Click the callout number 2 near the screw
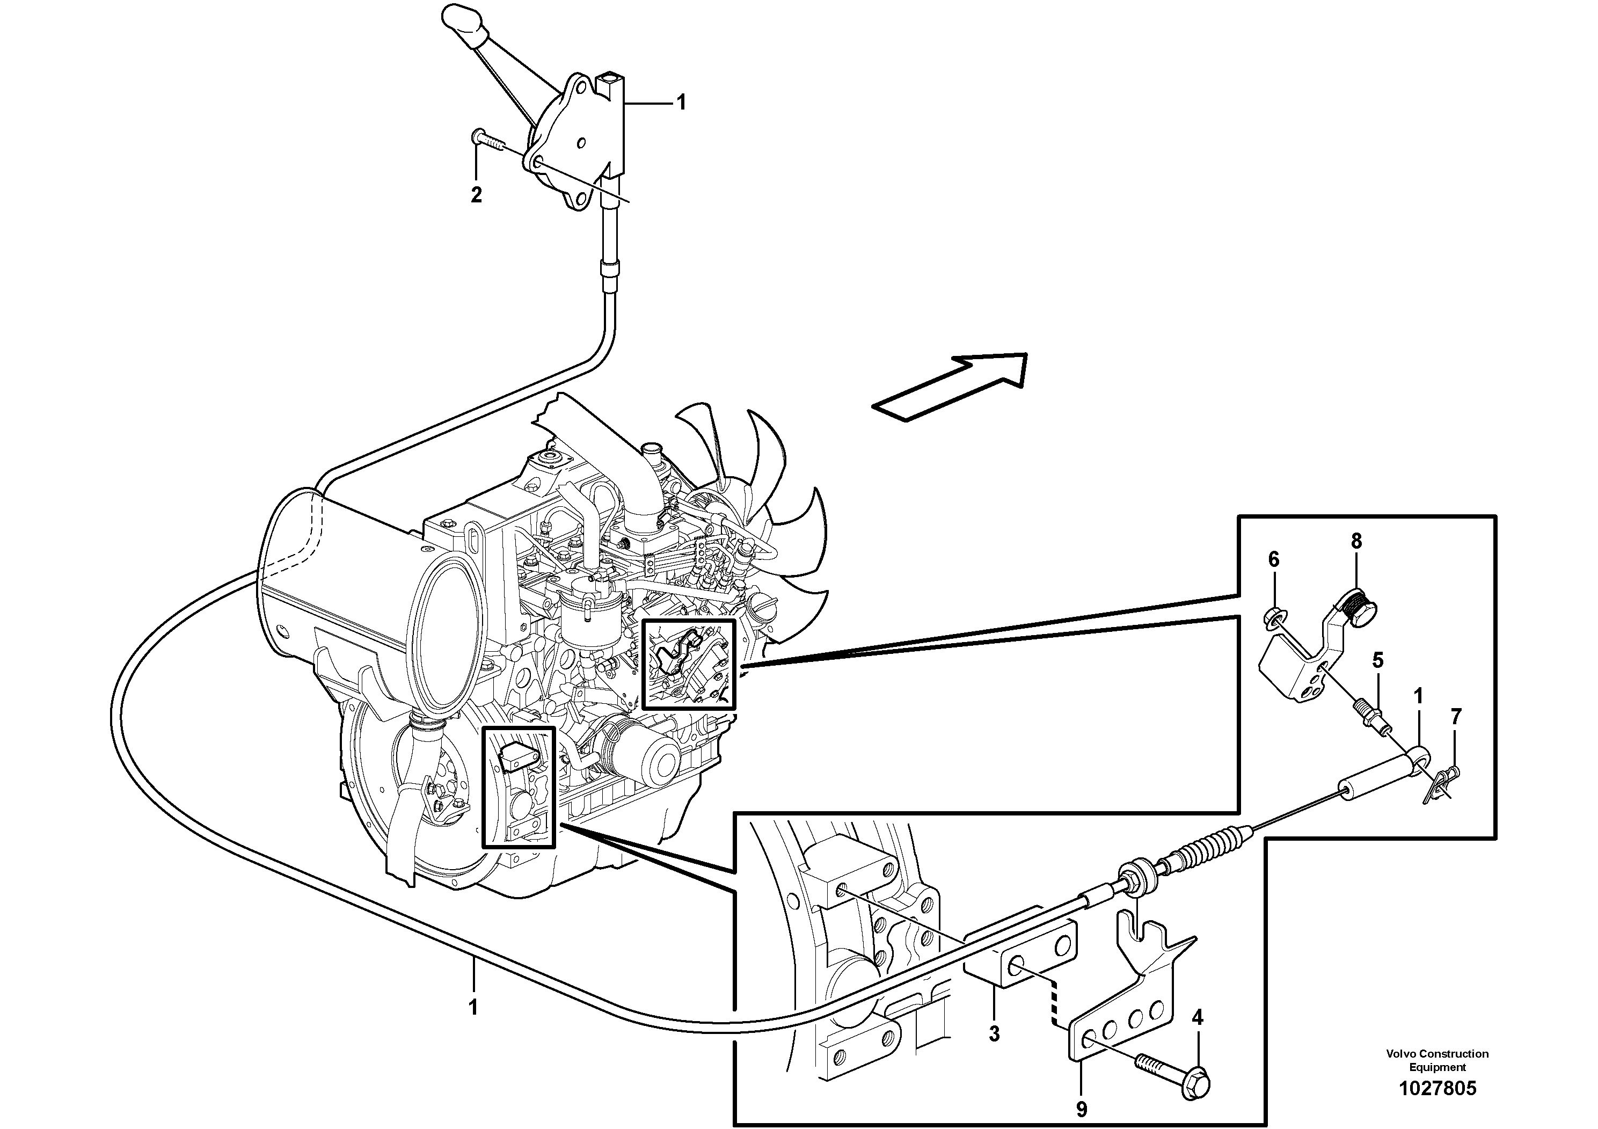point(476,195)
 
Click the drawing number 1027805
point(1437,1088)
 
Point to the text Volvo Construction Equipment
point(1437,1060)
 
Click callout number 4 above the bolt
point(1197,1018)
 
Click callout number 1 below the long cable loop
point(473,1007)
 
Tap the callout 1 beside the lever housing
point(681,103)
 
